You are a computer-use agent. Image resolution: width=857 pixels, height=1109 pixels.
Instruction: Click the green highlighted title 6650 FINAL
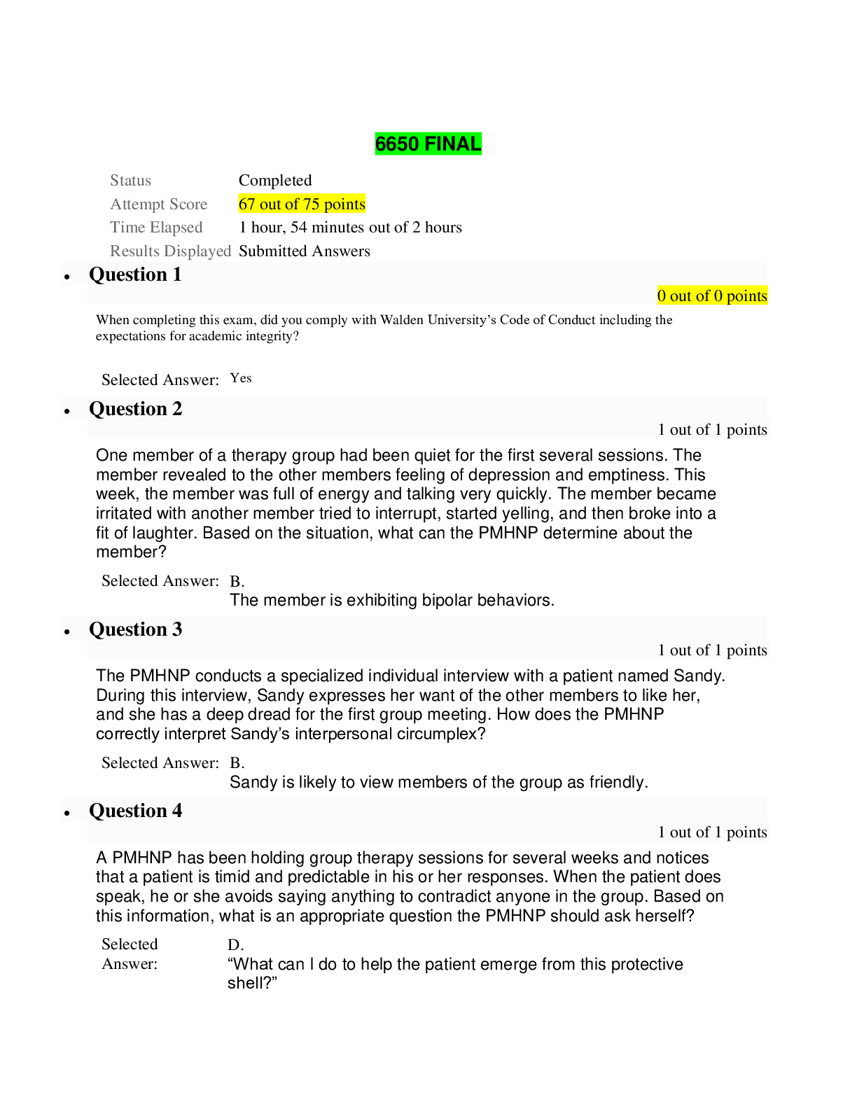(x=428, y=144)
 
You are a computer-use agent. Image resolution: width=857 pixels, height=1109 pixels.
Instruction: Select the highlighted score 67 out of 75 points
(x=302, y=204)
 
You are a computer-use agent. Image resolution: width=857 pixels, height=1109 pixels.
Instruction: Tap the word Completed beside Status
(x=275, y=180)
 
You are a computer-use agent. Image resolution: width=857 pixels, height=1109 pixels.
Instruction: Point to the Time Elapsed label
(x=156, y=227)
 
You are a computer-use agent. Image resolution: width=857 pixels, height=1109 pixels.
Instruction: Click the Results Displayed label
(x=170, y=251)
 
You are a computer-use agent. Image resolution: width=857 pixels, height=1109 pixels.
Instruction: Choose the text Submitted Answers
(x=304, y=251)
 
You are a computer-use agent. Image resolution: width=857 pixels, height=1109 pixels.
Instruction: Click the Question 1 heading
(x=135, y=274)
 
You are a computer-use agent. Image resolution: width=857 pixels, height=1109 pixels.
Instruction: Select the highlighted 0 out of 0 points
(x=712, y=295)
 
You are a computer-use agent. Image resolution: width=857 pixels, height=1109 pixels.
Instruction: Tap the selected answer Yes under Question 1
(x=240, y=377)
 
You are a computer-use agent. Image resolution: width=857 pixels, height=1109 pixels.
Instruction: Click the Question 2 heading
(x=135, y=408)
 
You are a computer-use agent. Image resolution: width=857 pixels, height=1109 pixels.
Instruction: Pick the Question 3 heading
(x=135, y=629)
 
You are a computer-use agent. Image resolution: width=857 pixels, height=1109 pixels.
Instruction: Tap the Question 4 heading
(x=135, y=810)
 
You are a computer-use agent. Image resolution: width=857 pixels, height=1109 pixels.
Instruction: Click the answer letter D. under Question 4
(x=235, y=944)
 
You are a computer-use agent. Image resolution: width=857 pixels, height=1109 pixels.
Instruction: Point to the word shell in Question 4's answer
(x=246, y=983)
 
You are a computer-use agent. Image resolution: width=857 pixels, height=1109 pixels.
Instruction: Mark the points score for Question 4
(x=712, y=832)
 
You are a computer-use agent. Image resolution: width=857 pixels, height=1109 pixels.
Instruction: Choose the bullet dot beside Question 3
(x=67, y=632)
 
